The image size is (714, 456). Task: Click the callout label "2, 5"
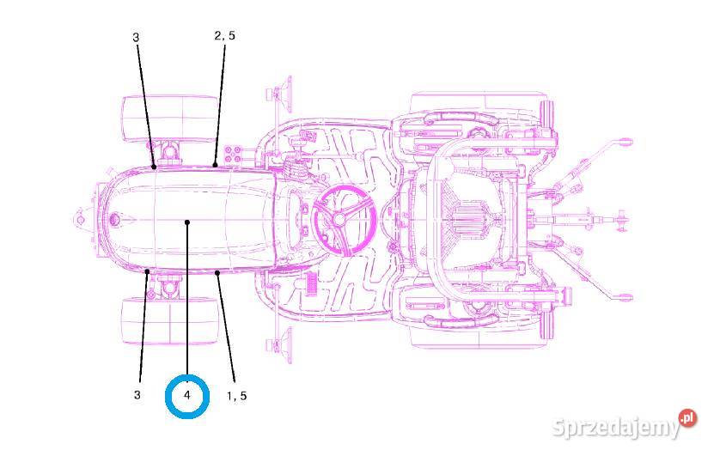224,35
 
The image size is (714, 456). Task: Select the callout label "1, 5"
237,396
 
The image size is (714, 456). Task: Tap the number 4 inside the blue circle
186,396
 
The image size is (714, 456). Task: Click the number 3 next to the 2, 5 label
136,37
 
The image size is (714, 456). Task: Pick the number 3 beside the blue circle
137,394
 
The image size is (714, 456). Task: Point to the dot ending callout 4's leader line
187,222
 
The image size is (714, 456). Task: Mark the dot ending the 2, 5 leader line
215,165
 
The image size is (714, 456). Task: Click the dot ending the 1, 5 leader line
217,272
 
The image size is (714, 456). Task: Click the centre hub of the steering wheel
338,220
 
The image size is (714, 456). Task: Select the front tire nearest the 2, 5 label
170,118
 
